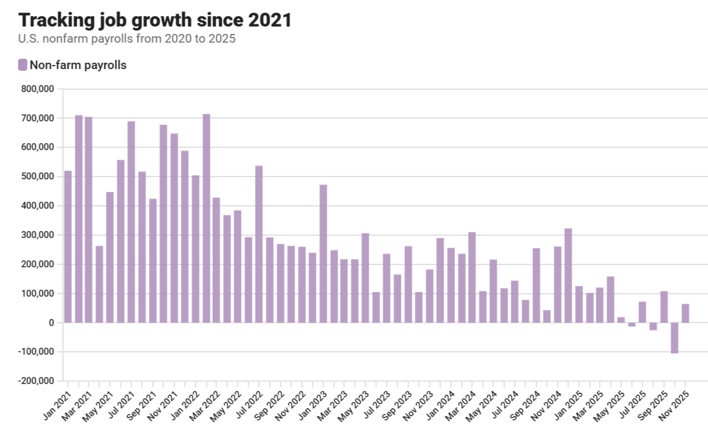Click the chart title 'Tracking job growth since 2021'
[155, 20]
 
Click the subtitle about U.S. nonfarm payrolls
[127, 40]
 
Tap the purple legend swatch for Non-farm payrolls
[23, 65]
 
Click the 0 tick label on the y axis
[51, 323]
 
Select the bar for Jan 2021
[68, 247]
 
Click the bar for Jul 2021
[131, 222]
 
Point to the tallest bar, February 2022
[206, 218]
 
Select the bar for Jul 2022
[259, 244]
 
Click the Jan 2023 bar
[323, 253]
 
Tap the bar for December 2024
[568, 275]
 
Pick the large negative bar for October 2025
[675, 338]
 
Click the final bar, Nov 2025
[685, 313]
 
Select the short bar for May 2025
[621, 320]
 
